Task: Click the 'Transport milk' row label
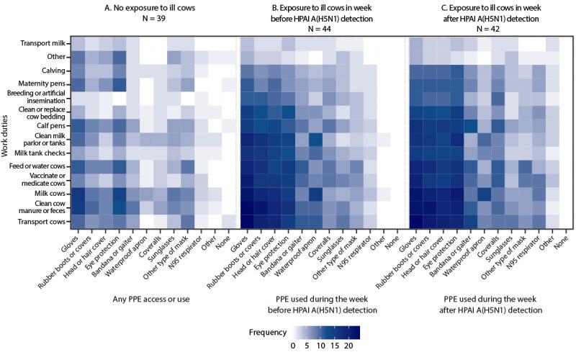[46, 43]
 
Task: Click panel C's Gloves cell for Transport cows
[416, 221]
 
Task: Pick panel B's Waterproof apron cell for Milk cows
[315, 194]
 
